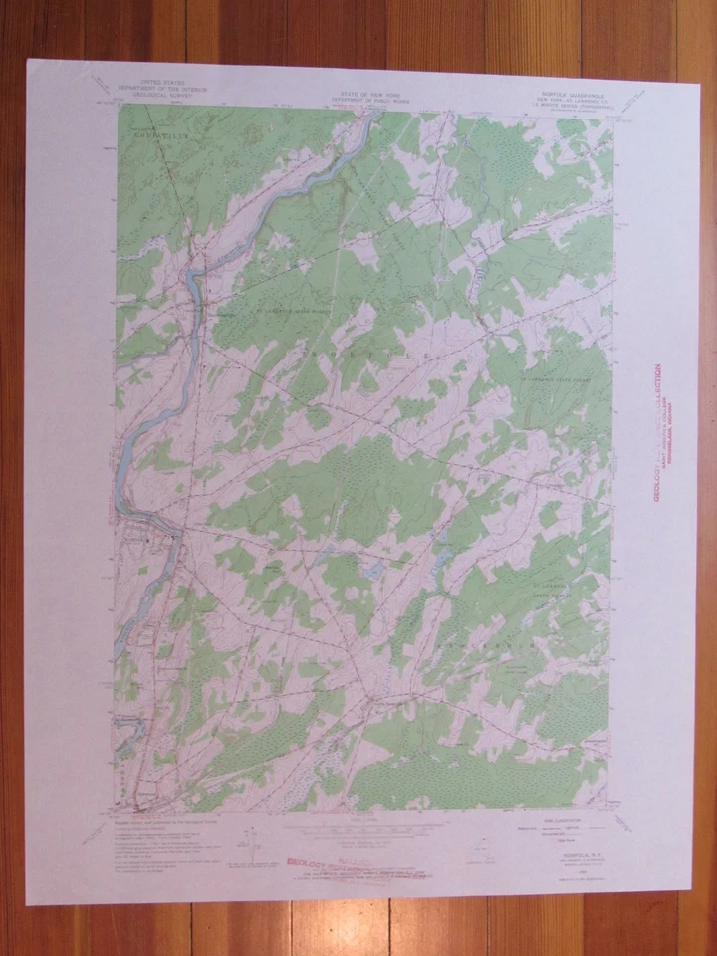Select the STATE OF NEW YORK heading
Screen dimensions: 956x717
tap(360, 90)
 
